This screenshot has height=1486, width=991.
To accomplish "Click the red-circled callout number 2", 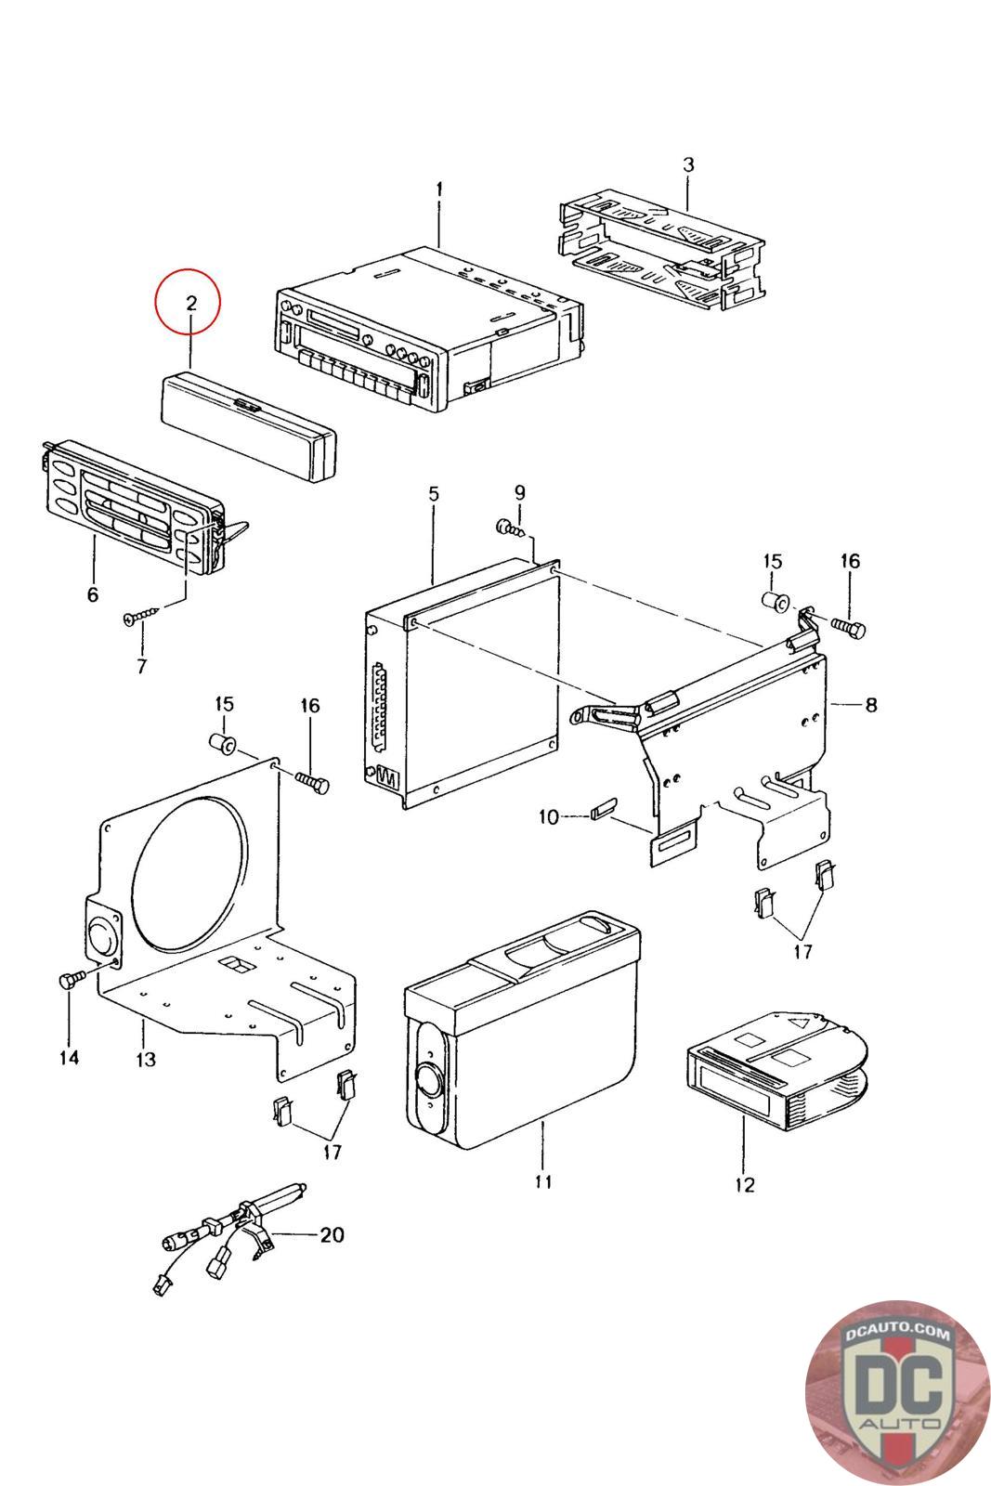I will pyautogui.click(x=189, y=303).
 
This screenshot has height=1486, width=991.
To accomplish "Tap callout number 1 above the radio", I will pyautogui.click(x=438, y=189).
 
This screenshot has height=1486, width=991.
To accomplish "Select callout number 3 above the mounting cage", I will pyautogui.click(x=687, y=165).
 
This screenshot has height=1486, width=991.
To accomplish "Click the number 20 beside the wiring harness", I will pyautogui.click(x=332, y=1234).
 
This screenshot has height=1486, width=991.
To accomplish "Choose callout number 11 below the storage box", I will pyautogui.click(x=543, y=1181).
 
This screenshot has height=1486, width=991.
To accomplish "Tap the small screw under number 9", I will pyautogui.click(x=510, y=528).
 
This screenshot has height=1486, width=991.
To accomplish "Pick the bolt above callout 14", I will pyautogui.click(x=71, y=979).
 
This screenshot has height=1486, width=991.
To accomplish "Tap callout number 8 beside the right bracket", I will pyautogui.click(x=870, y=705).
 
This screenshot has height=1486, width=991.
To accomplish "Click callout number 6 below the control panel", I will pyautogui.click(x=92, y=594).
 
